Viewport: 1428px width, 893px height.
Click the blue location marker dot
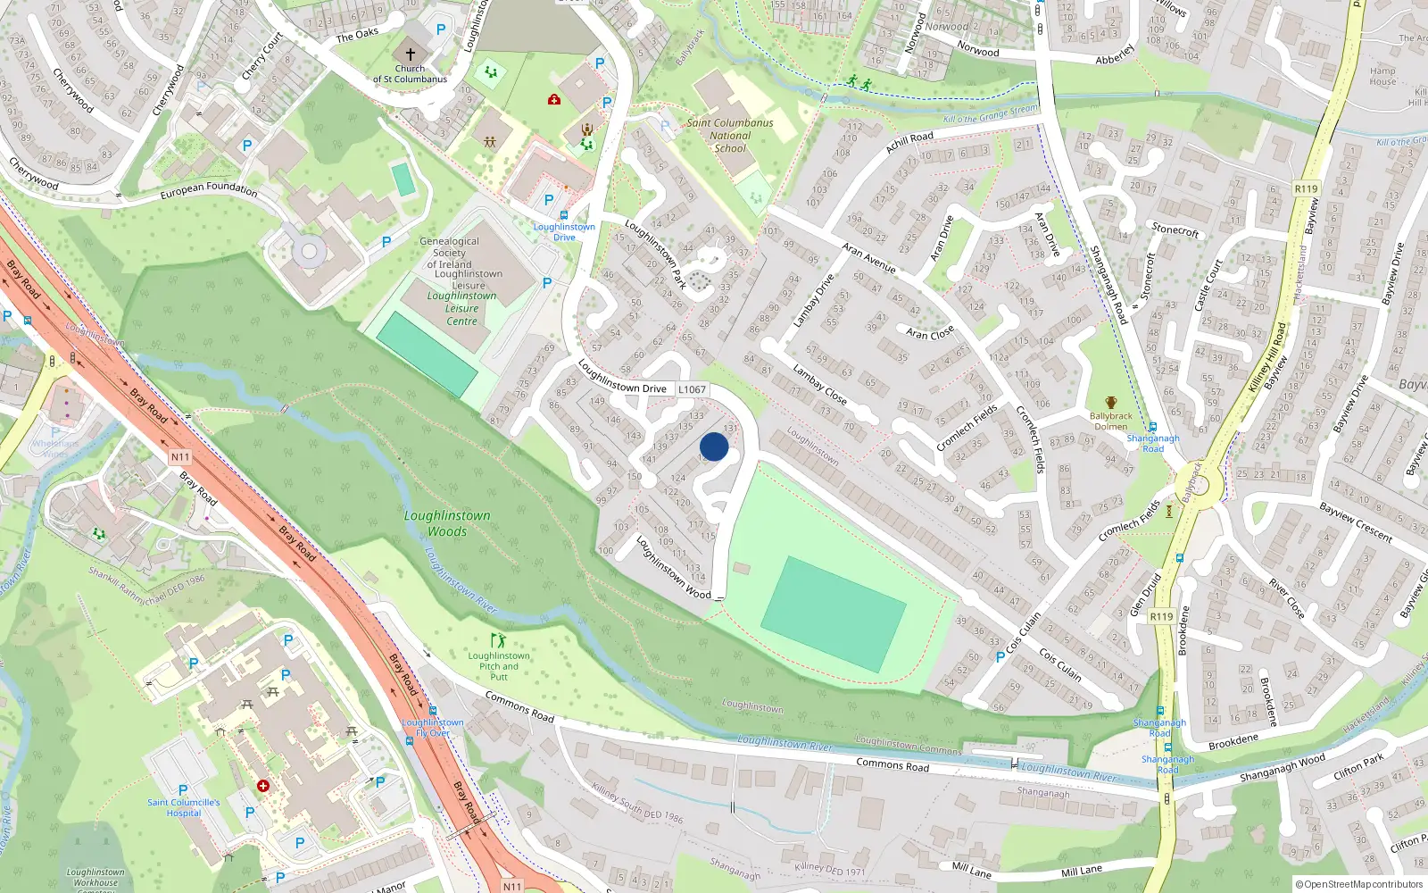click(714, 446)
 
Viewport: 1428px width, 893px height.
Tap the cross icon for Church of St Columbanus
click(411, 54)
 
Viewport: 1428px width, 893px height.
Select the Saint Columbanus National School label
click(730, 136)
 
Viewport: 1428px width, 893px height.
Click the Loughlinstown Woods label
click(447, 523)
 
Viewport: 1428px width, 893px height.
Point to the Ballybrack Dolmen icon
click(1110, 404)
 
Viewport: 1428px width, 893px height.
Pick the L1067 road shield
click(692, 389)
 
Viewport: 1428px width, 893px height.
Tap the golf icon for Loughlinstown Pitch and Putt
click(497, 640)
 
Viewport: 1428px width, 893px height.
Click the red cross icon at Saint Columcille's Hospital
click(263, 786)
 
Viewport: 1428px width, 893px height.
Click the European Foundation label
click(209, 189)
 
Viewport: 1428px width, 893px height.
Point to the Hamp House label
click(1382, 76)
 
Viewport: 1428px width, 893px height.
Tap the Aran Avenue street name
click(869, 258)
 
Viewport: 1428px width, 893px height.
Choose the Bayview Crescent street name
click(1356, 522)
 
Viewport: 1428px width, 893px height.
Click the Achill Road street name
click(909, 142)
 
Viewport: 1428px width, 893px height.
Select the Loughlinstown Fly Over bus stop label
click(433, 728)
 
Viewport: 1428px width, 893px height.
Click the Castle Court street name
click(1207, 285)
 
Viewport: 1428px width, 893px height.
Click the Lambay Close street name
click(819, 383)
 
